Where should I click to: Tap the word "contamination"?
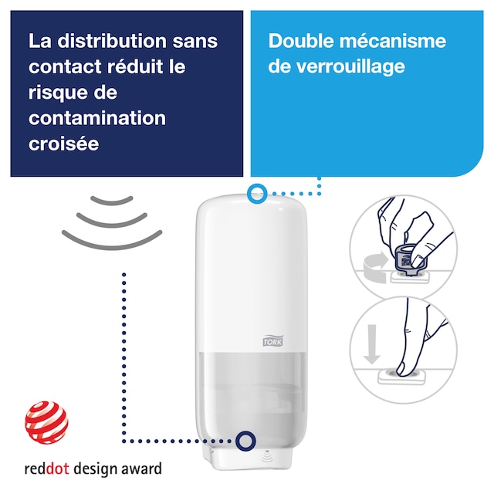97,118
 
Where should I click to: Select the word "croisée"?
64,144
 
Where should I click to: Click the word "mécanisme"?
398,41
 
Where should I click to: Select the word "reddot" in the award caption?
46,469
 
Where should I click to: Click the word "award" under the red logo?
140,469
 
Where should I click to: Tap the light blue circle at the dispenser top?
257,194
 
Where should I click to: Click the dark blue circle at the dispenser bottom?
246,441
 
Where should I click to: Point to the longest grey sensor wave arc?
113,238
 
